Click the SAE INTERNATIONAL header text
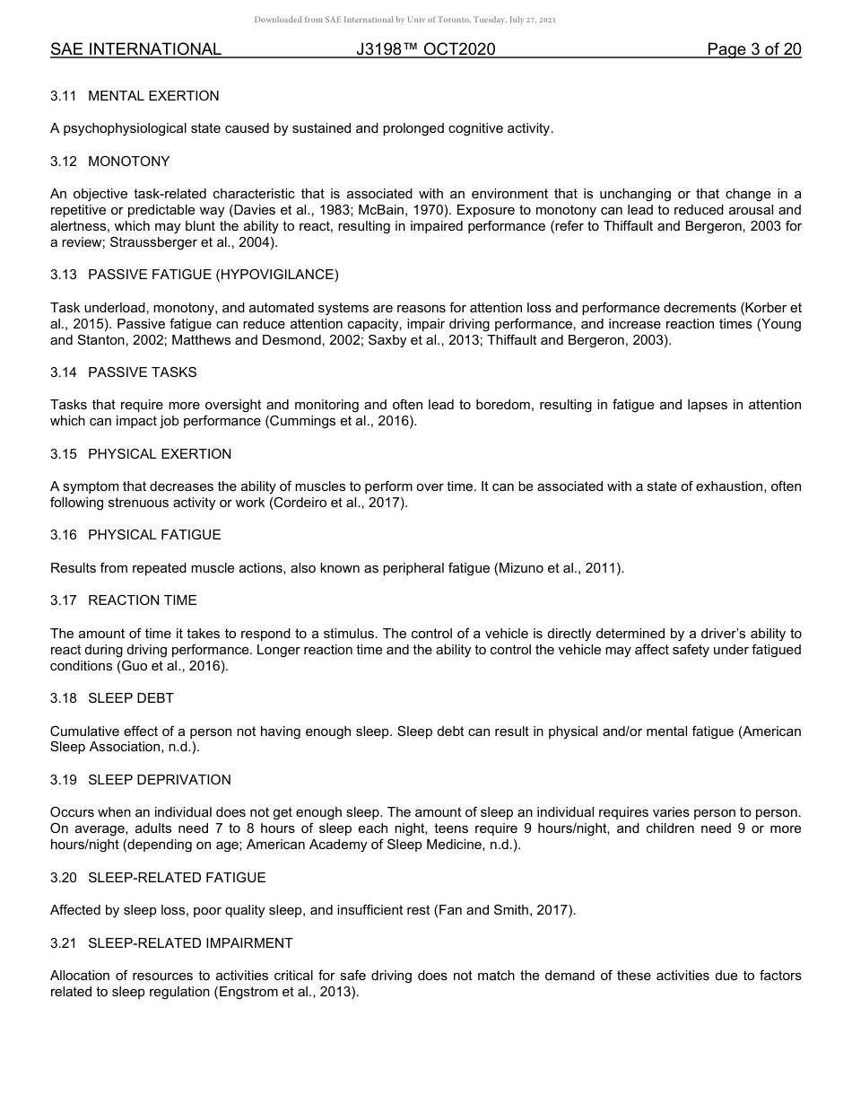tap(135, 49)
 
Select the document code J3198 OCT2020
tap(426, 49)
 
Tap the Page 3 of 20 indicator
tap(753, 49)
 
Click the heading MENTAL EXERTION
tap(153, 96)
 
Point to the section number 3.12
tap(64, 162)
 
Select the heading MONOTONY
tap(128, 162)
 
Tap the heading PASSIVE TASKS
tap(143, 372)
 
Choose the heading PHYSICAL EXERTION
tap(160, 454)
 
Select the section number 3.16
tap(64, 535)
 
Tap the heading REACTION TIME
tap(142, 600)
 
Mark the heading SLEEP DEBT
tap(131, 698)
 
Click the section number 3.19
tap(64, 780)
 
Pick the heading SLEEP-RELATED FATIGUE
tap(177, 878)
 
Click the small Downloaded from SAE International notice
tap(405, 20)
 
